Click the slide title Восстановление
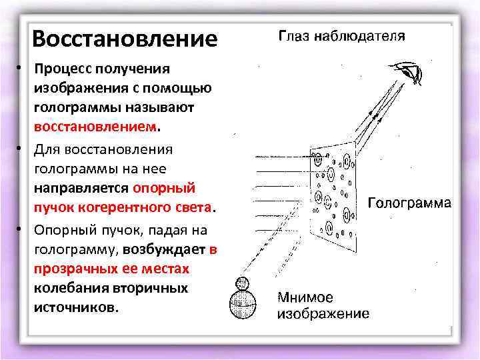[x=125, y=38]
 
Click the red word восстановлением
[x=97, y=125]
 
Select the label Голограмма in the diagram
[x=409, y=202]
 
